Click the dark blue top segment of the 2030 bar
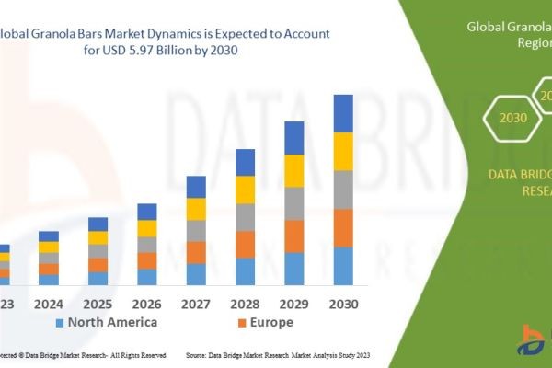(x=343, y=113)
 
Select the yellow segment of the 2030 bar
(x=343, y=152)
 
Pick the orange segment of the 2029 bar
(x=294, y=236)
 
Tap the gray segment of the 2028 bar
(x=245, y=217)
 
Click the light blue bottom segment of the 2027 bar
(x=196, y=274)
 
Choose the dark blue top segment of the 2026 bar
(x=147, y=212)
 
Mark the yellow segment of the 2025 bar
(x=98, y=237)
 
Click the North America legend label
(x=112, y=322)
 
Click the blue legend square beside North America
(x=59, y=323)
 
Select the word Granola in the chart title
(x=68, y=33)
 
